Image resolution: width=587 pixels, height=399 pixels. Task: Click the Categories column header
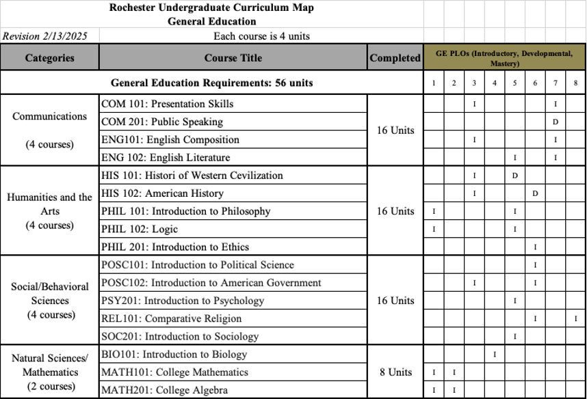pos(49,58)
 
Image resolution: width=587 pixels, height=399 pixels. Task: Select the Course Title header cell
pos(233,58)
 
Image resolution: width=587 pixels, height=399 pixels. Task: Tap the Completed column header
pos(395,58)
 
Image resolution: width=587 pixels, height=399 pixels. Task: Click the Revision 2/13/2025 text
pos(45,36)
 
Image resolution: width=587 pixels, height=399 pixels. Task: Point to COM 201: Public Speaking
pos(161,122)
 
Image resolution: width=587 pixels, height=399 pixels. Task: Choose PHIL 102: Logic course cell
pos(139,229)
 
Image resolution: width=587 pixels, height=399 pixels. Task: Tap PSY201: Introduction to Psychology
pos(182,301)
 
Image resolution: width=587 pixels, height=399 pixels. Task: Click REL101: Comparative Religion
pos(171,318)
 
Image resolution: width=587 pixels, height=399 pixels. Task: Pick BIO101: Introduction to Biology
pos(174,355)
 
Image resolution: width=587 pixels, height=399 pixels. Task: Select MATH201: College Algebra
pos(164,390)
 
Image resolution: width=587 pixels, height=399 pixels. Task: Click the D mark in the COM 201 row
pos(556,122)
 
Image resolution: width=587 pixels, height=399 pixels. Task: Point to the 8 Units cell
pos(395,372)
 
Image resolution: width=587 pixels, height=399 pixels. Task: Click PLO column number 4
pos(495,83)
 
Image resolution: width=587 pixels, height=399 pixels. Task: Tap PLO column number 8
pos(576,83)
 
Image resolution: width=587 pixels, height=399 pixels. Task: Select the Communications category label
pos(49,116)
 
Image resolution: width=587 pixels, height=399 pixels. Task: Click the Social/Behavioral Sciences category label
pos(49,293)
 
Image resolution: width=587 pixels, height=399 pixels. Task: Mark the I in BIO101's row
pos(495,355)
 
